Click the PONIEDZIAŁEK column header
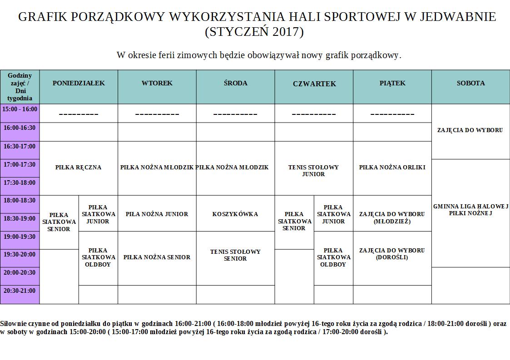pyautogui.click(x=79, y=83)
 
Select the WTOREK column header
pyautogui.click(x=157, y=83)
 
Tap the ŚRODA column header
pyautogui.click(x=235, y=83)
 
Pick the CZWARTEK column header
pyautogui.click(x=314, y=84)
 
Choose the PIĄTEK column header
pyautogui.click(x=392, y=83)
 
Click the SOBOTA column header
pyautogui.click(x=470, y=83)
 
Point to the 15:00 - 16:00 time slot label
pyautogui.click(x=20, y=109)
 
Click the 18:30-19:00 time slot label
pyautogui.click(x=20, y=218)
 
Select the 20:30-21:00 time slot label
pyautogui.click(x=20, y=291)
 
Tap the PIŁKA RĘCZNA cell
pyautogui.click(x=79, y=168)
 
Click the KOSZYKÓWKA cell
pyautogui.click(x=235, y=214)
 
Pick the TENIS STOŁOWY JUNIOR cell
pyautogui.click(x=314, y=171)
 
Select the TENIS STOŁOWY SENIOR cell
pyautogui.click(x=235, y=255)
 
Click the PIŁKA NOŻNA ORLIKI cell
pyautogui.click(x=392, y=168)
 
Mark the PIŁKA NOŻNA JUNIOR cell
pyautogui.click(x=157, y=214)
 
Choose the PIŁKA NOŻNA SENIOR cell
pyautogui.click(x=157, y=257)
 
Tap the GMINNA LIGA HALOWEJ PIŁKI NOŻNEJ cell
pyautogui.click(x=470, y=210)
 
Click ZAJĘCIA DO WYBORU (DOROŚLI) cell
pyautogui.click(x=392, y=254)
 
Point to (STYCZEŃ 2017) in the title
pyautogui.click(x=254, y=32)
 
